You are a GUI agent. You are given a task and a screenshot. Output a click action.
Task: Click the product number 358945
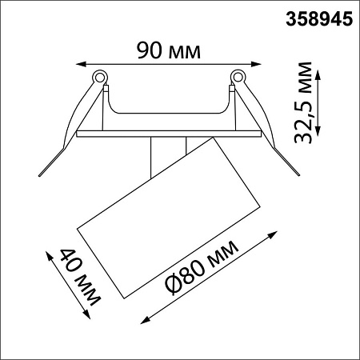[319, 19]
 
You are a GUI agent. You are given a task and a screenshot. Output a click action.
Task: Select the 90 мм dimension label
[169, 50]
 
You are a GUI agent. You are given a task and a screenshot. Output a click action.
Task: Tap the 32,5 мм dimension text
[303, 102]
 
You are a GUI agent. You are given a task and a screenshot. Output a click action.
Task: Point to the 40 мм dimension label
[79, 278]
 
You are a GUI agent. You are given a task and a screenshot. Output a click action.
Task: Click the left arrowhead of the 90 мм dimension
[81, 64]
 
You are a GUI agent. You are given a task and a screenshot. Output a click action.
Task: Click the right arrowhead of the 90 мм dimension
[256, 64]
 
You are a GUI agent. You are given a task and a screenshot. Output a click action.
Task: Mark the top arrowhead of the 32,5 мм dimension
[318, 75]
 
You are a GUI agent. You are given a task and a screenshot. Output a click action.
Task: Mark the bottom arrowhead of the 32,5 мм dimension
[318, 130]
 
